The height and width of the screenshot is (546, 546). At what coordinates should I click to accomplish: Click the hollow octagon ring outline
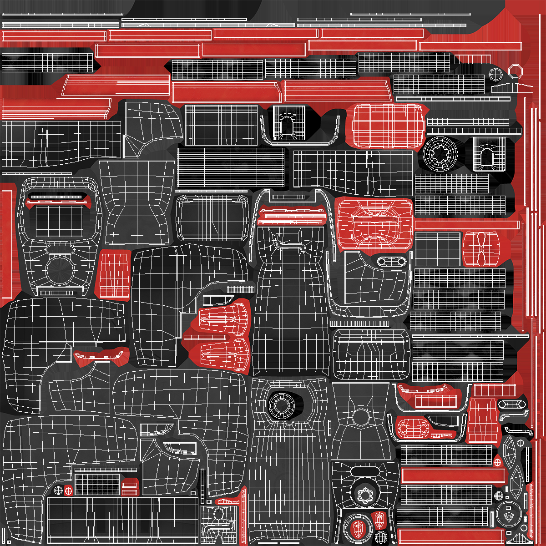516,71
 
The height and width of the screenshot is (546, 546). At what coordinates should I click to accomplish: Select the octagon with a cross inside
495,74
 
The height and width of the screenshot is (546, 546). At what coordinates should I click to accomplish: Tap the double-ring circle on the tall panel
282,404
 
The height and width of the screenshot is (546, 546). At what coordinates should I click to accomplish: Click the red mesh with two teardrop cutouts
481,249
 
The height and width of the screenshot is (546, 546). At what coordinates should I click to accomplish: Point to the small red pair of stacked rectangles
130,488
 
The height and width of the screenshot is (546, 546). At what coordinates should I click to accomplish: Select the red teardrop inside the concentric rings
358,528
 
